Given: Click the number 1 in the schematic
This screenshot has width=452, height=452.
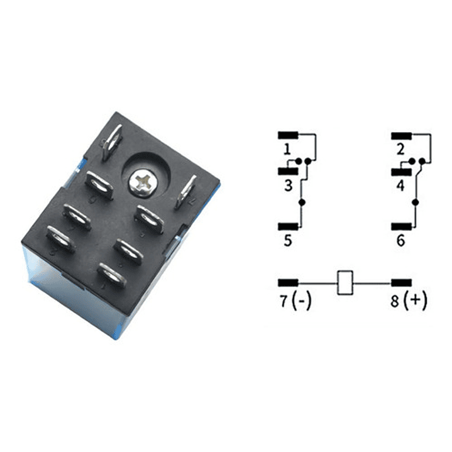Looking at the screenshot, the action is tap(287, 149).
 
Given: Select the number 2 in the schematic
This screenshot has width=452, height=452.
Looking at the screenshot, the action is tap(400, 149).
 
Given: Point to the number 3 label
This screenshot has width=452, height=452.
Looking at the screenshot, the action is tap(289, 185).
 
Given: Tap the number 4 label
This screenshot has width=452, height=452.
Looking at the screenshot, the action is tap(400, 185).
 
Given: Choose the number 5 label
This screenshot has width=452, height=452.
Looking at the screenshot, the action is tap(288, 240).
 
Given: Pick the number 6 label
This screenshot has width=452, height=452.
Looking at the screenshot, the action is tap(400, 240).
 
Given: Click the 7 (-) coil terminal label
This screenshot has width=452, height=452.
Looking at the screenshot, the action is tap(295, 301).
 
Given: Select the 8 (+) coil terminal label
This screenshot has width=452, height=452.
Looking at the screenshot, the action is tap(409, 301).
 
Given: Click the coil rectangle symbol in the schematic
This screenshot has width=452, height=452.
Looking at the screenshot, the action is tap(345, 283).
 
